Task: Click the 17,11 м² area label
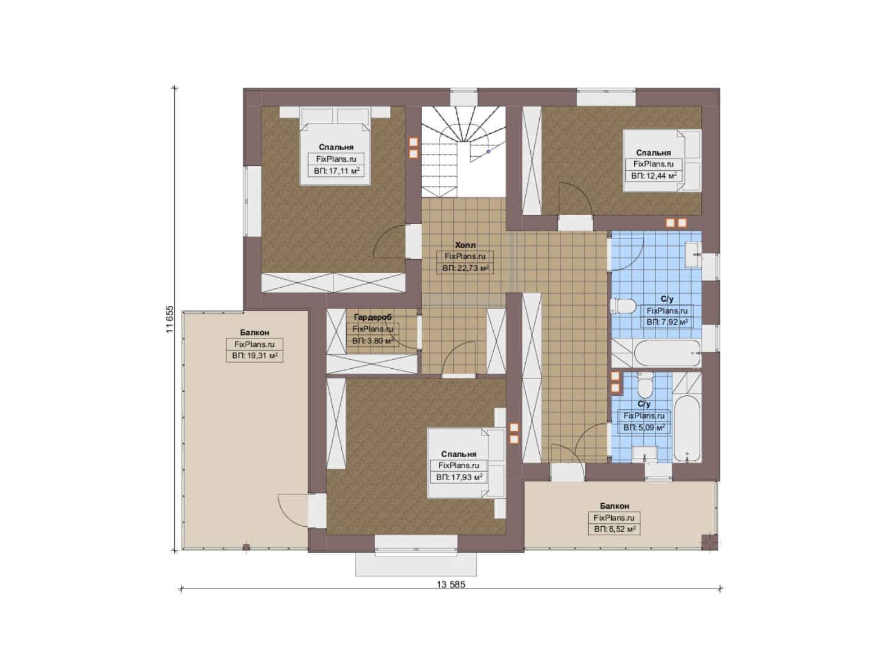point(337,171)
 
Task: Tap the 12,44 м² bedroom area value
point(654,176)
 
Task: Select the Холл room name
point(465,245)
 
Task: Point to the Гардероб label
point(373,317)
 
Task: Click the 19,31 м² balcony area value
point(255,356)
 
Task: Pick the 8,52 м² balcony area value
point(614,529)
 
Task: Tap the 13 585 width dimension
point(451,584)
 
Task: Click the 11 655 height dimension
point(171,319)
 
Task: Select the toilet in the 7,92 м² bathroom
point(623,306)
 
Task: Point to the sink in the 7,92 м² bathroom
point(694,255)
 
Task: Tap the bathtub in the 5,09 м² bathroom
point(687,429)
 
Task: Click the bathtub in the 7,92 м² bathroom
point(667,353)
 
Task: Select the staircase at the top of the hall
point(464,151)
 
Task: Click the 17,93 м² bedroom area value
point(459,477)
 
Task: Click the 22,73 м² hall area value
point(465,268)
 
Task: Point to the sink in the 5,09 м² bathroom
point(644,454)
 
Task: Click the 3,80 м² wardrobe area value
point(373,341)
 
